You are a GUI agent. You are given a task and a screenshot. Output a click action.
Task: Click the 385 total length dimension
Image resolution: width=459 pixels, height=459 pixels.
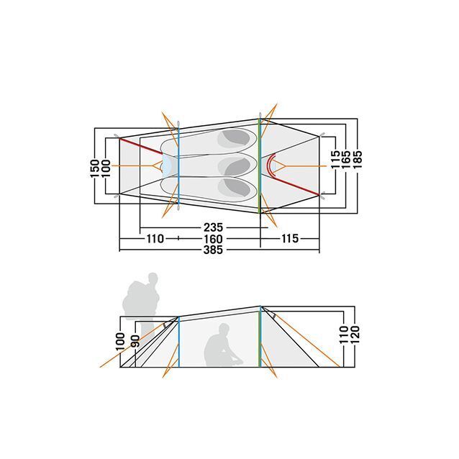213,250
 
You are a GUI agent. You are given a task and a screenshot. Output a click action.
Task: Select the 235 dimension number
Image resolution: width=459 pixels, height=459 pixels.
213,227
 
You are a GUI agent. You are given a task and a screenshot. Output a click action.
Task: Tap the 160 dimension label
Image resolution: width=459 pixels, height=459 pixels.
213,239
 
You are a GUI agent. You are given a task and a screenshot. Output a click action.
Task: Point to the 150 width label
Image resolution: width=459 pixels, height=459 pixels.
95,168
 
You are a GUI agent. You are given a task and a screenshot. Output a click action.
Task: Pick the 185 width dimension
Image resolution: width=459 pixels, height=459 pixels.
358,160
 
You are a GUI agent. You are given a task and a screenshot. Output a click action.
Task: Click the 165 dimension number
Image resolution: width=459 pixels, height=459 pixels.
346,160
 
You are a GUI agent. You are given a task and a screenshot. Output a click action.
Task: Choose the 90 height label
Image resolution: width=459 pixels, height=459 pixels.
135,341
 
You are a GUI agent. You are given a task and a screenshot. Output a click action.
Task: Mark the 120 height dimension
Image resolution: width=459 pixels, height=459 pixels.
355,335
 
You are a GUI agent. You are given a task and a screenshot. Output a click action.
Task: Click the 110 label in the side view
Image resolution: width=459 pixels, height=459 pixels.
344,335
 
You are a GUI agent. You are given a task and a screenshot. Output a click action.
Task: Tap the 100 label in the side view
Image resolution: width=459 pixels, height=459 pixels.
120,341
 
